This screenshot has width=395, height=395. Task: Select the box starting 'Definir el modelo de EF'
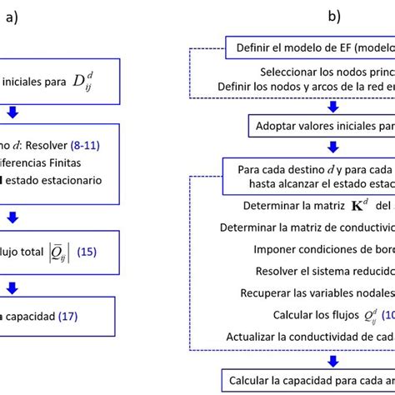coord(310,47)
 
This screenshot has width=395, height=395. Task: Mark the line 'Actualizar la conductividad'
coord(310,337)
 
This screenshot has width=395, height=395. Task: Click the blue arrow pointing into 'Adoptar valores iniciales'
coord(334,107)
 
